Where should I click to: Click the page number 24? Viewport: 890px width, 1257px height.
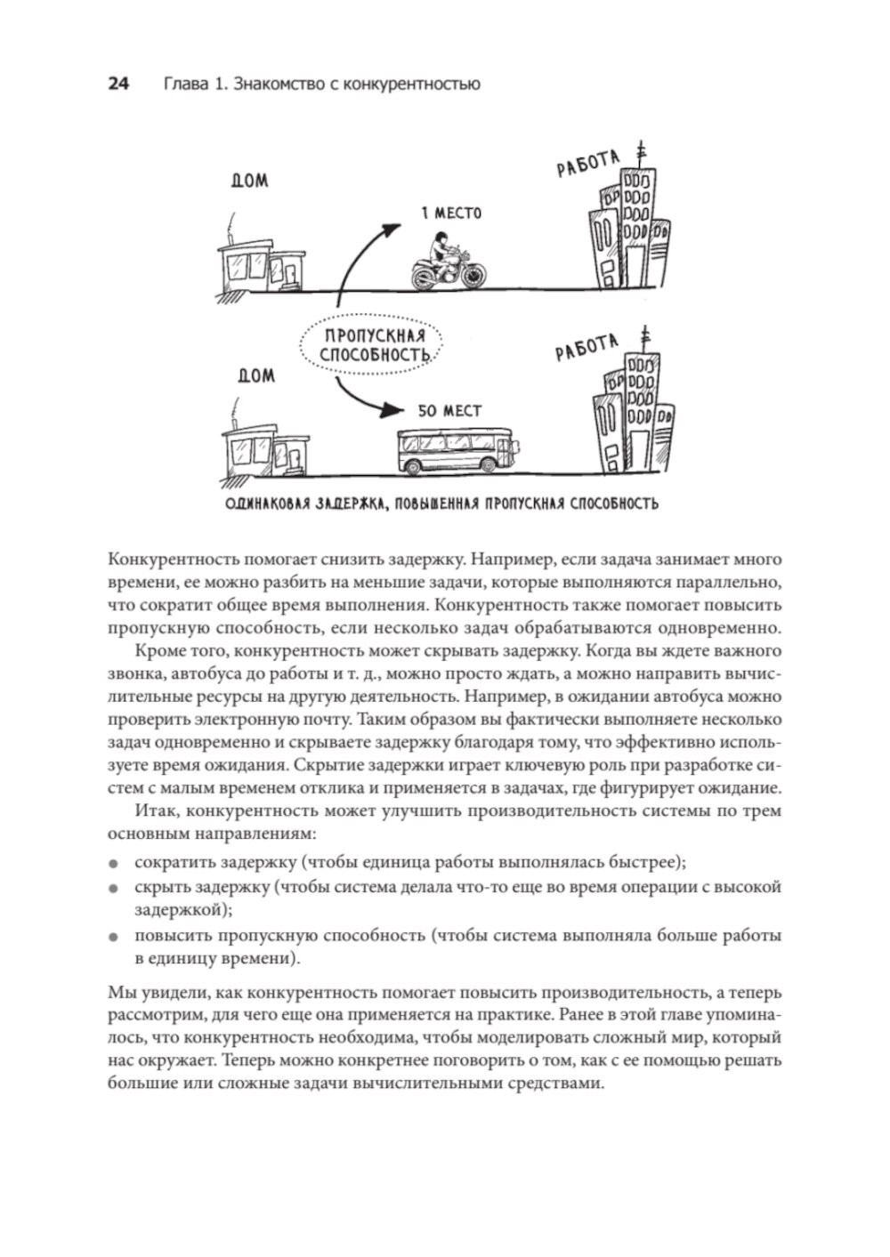(118, 85)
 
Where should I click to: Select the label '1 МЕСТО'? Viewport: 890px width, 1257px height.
(451, 214)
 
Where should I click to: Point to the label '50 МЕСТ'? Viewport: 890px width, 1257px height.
(449, 411)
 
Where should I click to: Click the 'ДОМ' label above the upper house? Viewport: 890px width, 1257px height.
(249, 181)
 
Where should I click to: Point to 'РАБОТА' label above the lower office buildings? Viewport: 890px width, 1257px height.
(587, 348)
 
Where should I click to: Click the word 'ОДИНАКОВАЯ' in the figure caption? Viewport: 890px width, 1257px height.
(268, 504)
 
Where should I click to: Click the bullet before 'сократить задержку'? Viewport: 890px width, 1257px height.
(113, 863)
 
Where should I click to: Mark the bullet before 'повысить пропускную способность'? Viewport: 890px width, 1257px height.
(113, 937)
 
